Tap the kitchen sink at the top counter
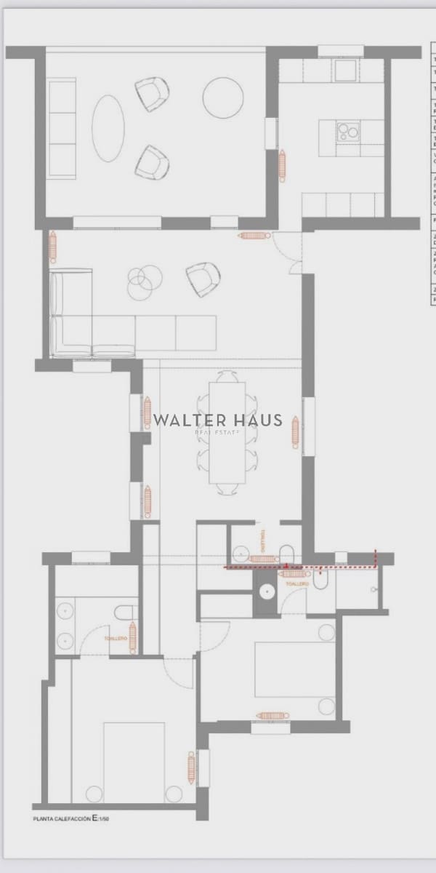click(x=346, y=69)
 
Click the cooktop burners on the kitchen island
click(x=347, y=132)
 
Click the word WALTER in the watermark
click(x=187, y=420)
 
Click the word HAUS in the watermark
click(x=257, y=420)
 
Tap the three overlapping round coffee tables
click(x=143, y=281)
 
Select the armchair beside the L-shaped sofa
click(x=203, y=279)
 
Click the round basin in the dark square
click(x=267, y=589)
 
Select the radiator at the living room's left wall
click(x=53, y=247)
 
